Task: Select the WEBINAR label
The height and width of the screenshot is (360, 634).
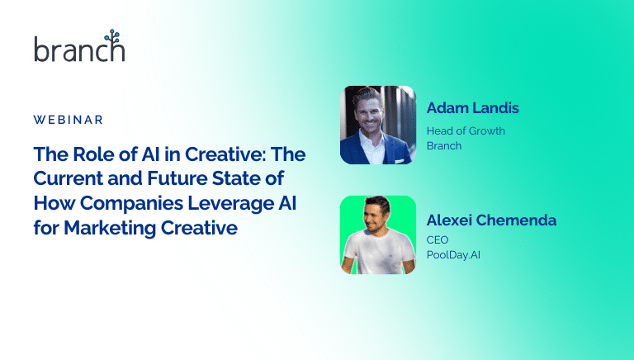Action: [x=69, y=120]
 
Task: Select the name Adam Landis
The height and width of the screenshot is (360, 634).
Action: [x=473, y=108]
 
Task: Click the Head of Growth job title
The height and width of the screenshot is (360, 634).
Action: [x=466, y=130]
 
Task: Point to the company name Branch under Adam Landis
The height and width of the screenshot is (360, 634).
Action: [x=444, y=145]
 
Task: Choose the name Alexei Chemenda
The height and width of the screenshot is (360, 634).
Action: [x=491, y=220]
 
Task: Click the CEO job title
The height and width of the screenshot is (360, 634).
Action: [x=438, y=239]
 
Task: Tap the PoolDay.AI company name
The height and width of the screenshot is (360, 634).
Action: [x=453, y=255]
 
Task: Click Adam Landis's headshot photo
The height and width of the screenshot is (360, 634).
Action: [x=377, y=124]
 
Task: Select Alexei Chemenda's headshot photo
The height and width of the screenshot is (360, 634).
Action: [x=377, y=234]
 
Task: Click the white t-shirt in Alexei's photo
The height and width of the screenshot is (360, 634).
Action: [x=376, y=255]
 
